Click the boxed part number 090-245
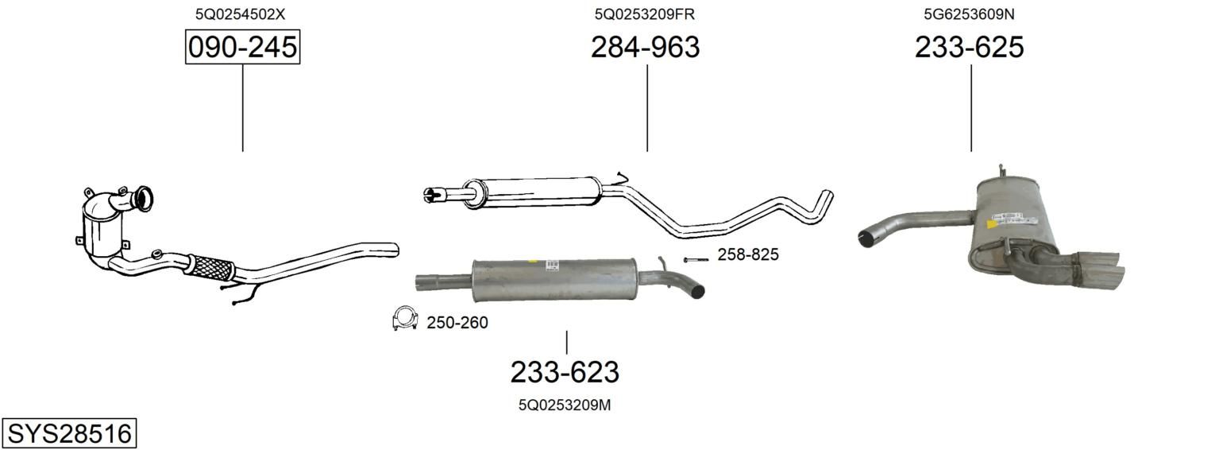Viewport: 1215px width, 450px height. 242,47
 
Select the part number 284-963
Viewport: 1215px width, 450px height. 645,47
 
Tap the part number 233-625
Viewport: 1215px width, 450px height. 970,47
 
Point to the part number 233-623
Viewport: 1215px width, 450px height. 565,372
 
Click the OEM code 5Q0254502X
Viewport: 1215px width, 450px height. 241,14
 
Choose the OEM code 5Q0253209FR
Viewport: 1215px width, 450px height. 644,14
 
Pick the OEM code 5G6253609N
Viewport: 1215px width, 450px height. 970,14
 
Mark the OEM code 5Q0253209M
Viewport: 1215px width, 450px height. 565,405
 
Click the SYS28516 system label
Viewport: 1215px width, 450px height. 69,434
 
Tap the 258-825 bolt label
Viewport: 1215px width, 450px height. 748,254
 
